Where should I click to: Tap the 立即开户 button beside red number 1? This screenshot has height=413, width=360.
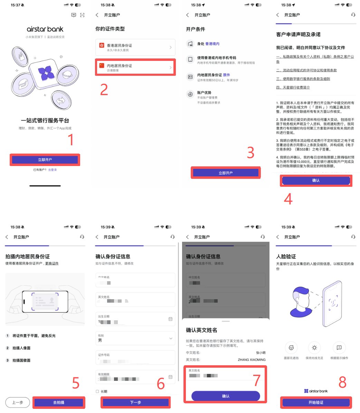point(45,160)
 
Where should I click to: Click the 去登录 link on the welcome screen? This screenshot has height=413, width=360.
point(53,170)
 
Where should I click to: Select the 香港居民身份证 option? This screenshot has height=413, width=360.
point(135,47)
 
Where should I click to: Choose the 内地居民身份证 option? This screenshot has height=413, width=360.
point(135,67)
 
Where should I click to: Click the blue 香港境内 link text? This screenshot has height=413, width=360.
point(212,44)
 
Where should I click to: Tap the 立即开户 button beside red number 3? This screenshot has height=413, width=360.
point(226,173)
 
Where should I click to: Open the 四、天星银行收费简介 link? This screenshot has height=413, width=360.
point(293,88)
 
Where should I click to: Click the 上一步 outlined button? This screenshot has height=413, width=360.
point(18,403)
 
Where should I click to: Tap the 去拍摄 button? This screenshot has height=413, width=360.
point(59,403)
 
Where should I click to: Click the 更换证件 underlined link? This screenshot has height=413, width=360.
point(52,264)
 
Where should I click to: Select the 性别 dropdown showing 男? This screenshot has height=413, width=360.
point(135,338)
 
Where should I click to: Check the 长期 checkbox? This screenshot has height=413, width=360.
point(97,392)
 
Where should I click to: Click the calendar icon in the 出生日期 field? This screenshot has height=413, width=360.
point(170,319)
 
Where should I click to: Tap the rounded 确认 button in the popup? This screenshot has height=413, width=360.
point(226,396)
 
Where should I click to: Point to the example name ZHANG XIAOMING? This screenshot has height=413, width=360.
point(252,360)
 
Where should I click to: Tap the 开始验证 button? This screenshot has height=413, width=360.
point(316,403)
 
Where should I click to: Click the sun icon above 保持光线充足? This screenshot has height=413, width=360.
point(314,348)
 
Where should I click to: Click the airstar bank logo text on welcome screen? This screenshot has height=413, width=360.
point(45,29)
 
